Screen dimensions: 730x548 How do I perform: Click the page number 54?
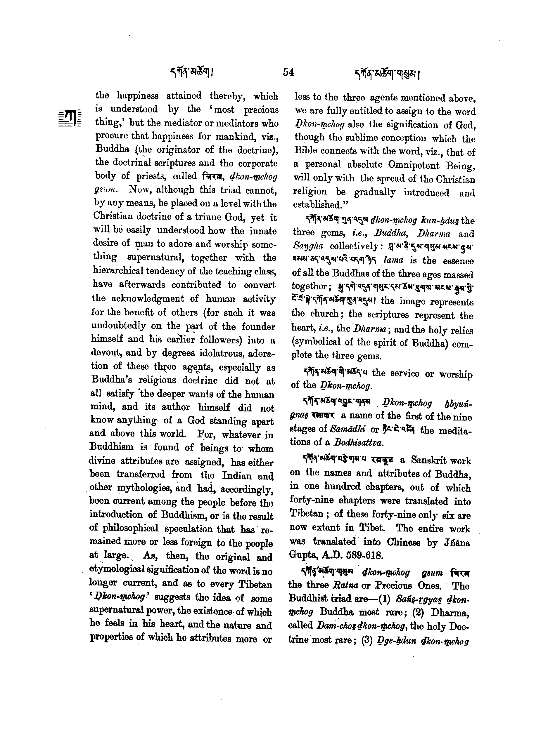click(288, 72)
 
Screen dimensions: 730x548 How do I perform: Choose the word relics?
click(463, 330)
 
